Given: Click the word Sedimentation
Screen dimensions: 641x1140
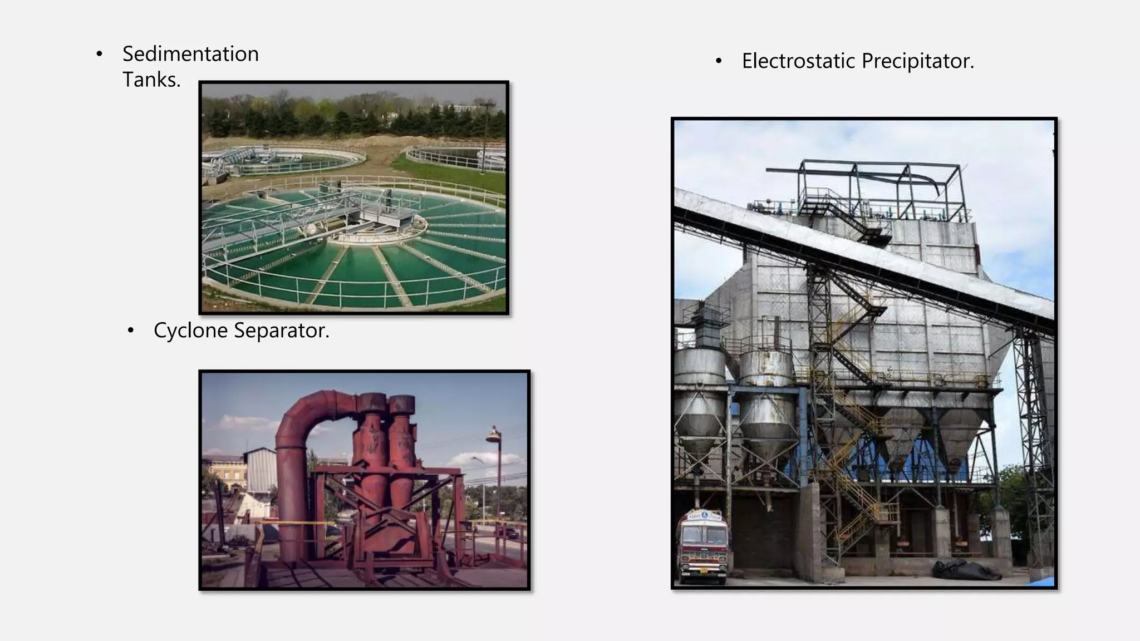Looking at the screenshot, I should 190,54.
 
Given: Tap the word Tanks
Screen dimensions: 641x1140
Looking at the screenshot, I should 151,80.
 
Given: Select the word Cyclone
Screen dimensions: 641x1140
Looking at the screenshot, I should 190,331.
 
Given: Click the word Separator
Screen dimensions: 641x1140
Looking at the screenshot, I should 281,331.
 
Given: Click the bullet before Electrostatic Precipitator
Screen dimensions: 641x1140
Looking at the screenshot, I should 719,61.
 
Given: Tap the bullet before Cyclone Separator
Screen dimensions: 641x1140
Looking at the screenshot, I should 130,331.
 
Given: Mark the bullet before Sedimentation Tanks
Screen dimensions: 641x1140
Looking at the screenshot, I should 99,55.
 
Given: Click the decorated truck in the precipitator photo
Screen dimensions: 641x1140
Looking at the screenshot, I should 702,545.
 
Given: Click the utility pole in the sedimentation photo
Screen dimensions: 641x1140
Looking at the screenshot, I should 486,134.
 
